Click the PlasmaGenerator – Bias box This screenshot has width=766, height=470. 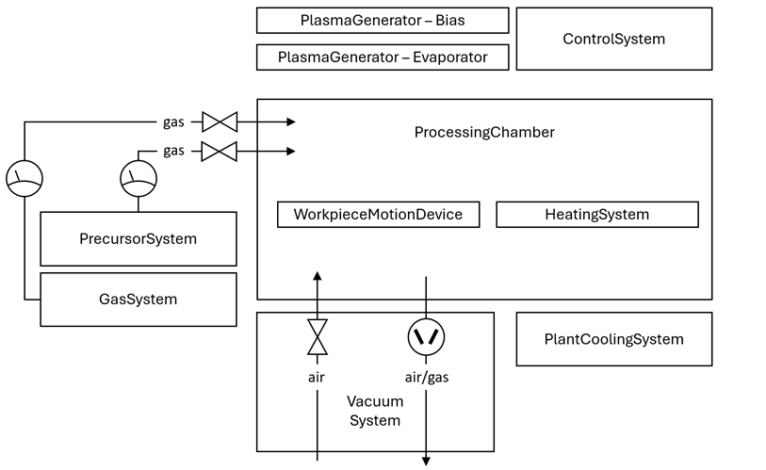tap(383, 20)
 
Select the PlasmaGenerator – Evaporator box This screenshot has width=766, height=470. tap(383, 57)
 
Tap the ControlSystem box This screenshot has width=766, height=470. tap(613, 39)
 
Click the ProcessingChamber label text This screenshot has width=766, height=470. tap(484, 132)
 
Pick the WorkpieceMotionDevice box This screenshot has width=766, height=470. tap(378, 215)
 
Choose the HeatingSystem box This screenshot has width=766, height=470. tap(596, 215)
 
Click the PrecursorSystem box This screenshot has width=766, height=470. tap(138, 239)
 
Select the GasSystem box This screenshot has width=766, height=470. tap(138, 300)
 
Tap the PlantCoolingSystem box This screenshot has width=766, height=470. tap(613, 339)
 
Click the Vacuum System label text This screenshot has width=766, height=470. tap(375, 411)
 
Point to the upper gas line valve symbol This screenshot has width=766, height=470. tap(220, 122)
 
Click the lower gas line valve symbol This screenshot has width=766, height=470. tap(220, 151)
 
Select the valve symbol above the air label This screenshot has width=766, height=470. tap(318, 337)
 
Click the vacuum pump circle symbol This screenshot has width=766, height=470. tap(426, 337)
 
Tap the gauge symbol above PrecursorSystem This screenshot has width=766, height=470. tap(139, 177)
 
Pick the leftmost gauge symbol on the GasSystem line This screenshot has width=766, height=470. tap(24, 177)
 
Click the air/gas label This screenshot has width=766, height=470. tap(426, 377)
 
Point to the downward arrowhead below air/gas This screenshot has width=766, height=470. tap(426, 461)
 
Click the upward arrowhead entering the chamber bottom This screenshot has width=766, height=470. tap(318, 275)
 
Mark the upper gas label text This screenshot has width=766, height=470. tap(174, 122)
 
